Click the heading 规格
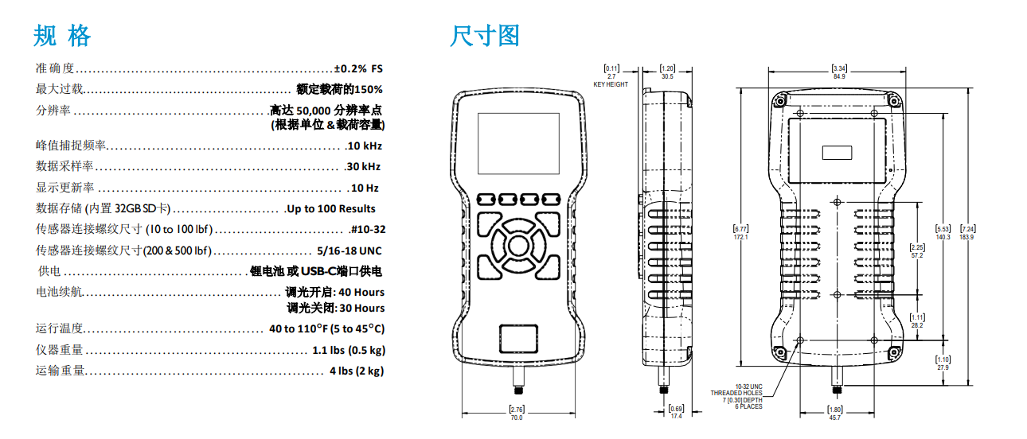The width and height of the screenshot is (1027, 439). click(62, 36)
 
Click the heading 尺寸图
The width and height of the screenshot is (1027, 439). click(485, 36)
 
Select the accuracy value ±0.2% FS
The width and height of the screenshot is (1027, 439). click(358, 68)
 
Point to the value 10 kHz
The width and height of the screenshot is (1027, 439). click(365, 146)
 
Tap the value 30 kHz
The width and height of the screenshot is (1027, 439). click(364, 167)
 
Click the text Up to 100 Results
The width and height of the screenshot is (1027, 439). click(331, 208)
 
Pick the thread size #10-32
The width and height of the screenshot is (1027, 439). click(368, 229)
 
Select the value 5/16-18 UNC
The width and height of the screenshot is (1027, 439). click(349, 251)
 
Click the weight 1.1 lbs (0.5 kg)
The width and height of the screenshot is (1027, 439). click(349, 350)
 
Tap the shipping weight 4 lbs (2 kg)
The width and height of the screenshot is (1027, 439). click(357, 371)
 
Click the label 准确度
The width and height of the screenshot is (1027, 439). click(55, 68)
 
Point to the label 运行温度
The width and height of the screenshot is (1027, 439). click(59, 328)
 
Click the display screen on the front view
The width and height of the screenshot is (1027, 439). click(518, 143)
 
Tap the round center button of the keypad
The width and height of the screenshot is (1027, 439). click(518, 246)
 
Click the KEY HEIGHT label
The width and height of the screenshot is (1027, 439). click(611, 84)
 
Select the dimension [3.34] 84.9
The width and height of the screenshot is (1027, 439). click(839, 72)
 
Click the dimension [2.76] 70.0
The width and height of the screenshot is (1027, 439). click(517, 414)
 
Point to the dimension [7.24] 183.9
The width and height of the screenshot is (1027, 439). click(967, 232)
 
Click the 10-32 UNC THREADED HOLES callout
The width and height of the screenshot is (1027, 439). click(736, 396)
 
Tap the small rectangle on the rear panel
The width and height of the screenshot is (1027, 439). click(837, 153)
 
